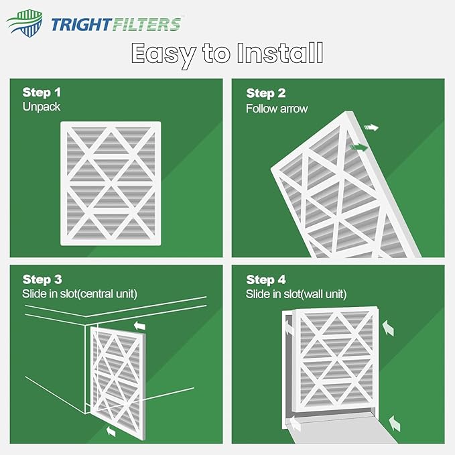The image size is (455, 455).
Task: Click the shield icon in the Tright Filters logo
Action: (x=24, y=24)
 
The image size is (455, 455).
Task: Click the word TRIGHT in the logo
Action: (x=82, y=25)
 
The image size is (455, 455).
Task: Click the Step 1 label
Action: (x=42, y=92)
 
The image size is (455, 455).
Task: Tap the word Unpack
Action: (x=42, y=106)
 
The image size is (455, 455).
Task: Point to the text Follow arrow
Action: (x=277, y=108)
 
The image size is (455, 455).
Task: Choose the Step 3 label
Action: (x=42, y=279)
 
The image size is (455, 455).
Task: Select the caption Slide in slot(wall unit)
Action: (x=296, y=294)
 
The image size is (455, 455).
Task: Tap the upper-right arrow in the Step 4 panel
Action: (x=387, y=326)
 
